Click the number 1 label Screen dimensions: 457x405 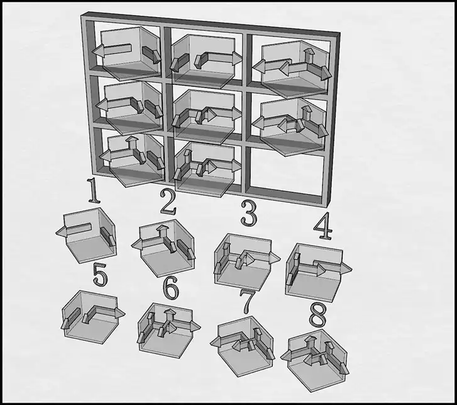pos(94,190)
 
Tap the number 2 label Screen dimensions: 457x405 pos(168,202)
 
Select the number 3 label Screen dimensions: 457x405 pos(249,214)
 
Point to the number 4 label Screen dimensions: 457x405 pos(322,226)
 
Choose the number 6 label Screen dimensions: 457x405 pos(170,288)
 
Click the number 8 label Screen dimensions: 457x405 pos(317,315)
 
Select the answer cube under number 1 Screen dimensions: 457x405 pos(87,235)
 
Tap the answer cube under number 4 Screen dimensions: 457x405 pos(317,272)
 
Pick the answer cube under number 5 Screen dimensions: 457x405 pos(92,317)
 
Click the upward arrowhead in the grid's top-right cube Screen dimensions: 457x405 pos(309,52)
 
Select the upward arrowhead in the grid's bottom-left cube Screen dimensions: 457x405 pos(132,139)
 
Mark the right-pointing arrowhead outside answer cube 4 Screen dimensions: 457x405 pos(346,268)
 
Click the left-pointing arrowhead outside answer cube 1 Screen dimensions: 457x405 pos(61,232)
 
